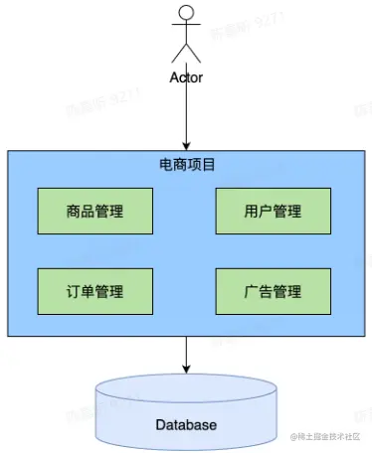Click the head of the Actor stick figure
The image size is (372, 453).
(186, 13)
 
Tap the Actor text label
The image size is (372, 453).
(186, 76)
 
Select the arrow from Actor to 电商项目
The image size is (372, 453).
(186, 114)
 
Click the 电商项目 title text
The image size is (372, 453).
(186, 164)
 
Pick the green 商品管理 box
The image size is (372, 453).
(94, 211)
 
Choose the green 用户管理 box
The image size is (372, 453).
(273, 211)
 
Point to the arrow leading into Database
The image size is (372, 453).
(186, 353)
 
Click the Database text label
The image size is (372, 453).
(186, 425)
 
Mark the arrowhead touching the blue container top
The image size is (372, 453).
(186, 145)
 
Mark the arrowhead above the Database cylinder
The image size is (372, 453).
(186, 369)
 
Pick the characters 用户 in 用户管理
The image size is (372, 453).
(258, 211)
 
